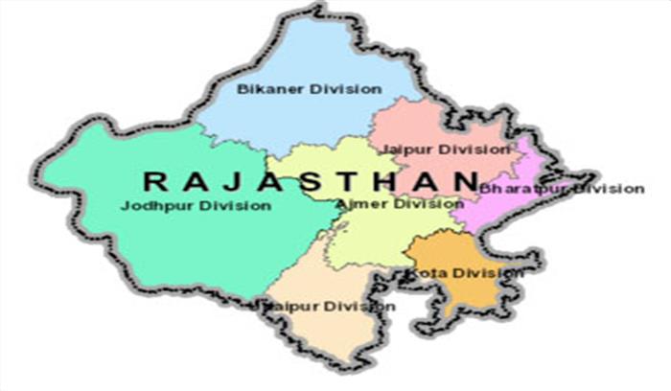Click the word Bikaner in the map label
pyautogui.click(x=263, y=89)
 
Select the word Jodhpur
pyautogui.click(x=151, y=205)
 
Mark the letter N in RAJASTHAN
pyautogui.click(x=464, y=180)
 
